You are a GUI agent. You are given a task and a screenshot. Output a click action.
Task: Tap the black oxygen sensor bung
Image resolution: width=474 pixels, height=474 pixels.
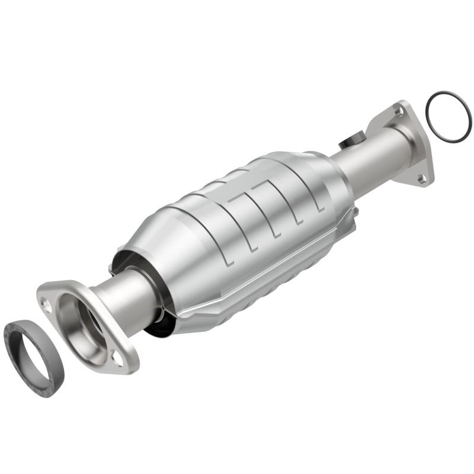(x=349, y=143)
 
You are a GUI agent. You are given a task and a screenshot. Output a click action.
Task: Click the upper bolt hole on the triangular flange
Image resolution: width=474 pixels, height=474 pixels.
(x=401, y=110)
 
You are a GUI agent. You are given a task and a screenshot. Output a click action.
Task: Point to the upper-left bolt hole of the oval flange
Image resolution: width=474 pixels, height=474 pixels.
(x=46, y=303)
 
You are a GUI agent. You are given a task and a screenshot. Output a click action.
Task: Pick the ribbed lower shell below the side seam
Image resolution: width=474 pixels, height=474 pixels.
(x=278, y=278)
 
